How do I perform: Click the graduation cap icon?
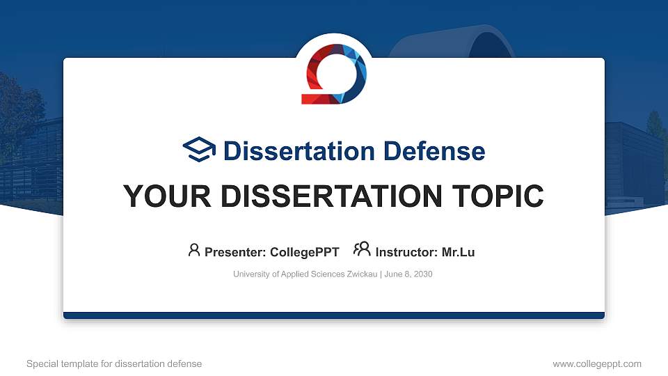point(200,150)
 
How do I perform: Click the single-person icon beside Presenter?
point(194,250)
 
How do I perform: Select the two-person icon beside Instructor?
point(362,250)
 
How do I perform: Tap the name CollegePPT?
point(304,252)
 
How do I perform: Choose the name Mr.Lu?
point(458,252)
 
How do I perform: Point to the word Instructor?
point(406,252)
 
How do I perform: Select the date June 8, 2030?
point(408,274)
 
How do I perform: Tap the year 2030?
point(422,274)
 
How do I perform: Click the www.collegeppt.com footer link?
point(596,363)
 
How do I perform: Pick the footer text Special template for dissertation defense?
point(114,363)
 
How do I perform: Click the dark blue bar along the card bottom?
point(334,315)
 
